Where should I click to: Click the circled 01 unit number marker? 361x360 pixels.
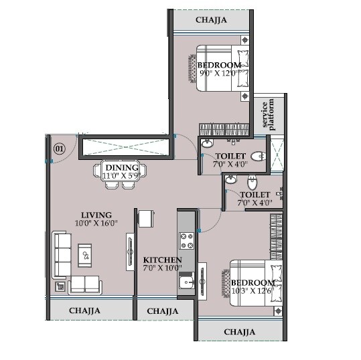click(58, 149)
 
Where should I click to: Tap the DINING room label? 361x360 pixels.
click(121, 167)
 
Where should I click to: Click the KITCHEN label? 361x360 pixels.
click(163, 260)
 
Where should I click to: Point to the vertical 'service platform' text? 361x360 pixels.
click(268, 114)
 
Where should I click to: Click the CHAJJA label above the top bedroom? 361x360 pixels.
click(211, 20)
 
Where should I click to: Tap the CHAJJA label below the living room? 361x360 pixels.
click(84, 310)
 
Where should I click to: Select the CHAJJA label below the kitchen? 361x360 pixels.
click(163, 311)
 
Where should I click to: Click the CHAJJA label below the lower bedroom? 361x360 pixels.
click(240, 331)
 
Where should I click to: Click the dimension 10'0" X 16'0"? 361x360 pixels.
click(96, 223)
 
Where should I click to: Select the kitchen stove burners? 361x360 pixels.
click(185, 240)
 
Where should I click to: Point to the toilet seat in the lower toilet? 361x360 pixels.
click(252, 181)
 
